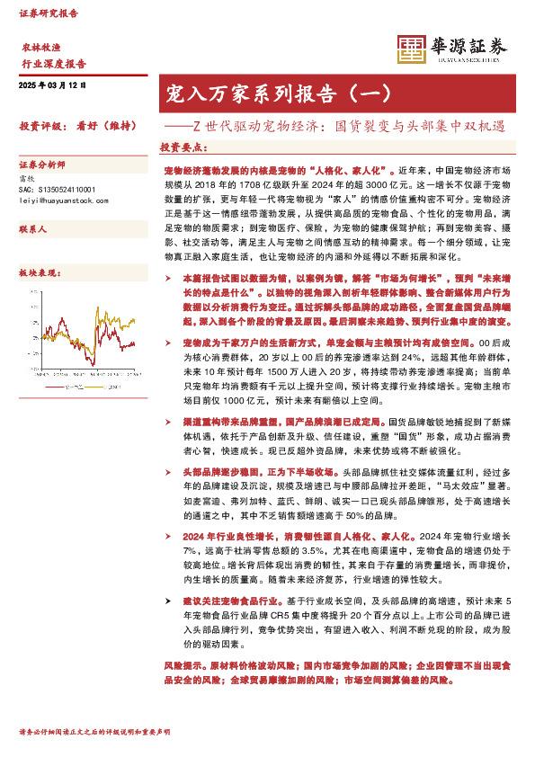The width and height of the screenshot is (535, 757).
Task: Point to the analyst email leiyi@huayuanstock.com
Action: [x=57, y=201]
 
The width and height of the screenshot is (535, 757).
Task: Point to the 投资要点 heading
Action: [x=183, y=147]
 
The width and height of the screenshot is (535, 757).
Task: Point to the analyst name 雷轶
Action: [x=27, y=180]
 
